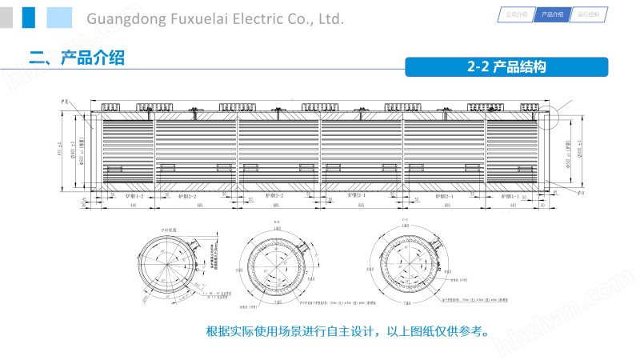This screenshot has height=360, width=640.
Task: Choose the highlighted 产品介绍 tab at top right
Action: [x=552, y=14]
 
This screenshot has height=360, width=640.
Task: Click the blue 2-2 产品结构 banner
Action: [x=507, y=67]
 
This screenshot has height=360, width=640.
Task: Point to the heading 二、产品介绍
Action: [x=77, y=58]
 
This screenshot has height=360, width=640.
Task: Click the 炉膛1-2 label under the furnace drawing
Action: [x=134, y=195]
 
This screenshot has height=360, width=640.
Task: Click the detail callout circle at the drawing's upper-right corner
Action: [x=549, y=117]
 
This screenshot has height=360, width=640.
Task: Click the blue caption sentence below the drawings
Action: [x=346, y=331]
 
